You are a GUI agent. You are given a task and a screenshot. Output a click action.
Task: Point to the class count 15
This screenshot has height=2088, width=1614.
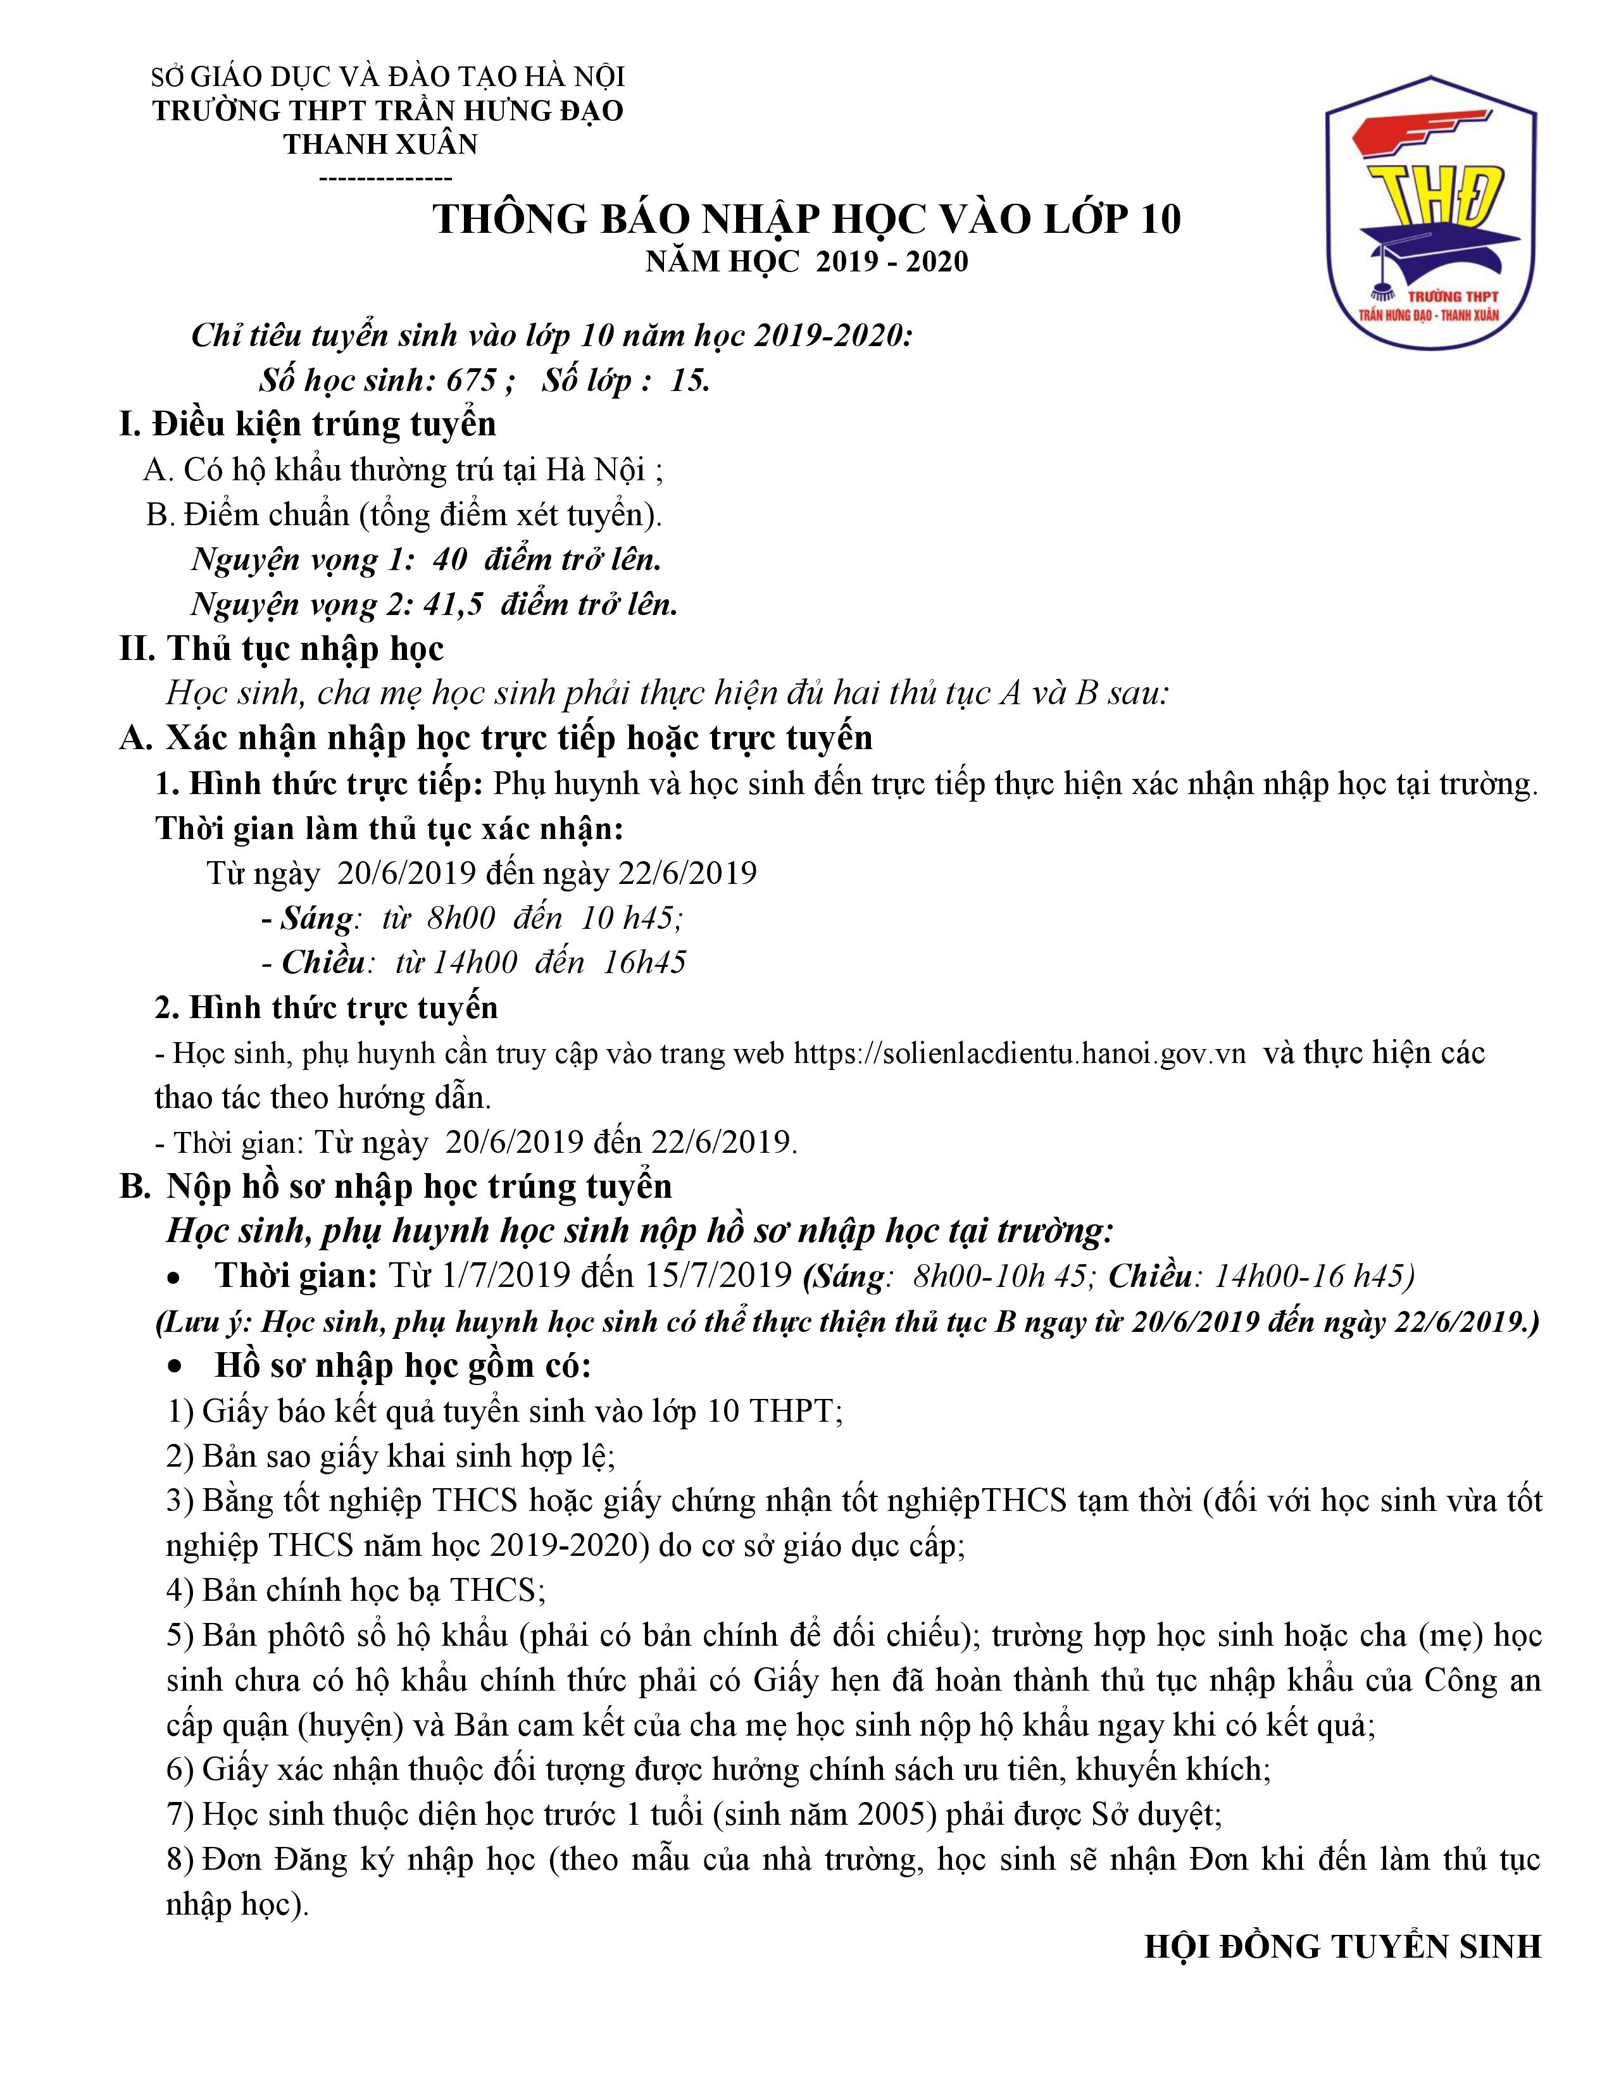(x=689, y=380)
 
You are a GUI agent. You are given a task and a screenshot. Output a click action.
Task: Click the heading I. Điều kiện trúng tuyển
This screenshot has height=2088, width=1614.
(x=308, y=423)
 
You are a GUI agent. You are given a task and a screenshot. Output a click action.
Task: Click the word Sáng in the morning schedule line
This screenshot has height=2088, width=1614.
(x=316, y=918)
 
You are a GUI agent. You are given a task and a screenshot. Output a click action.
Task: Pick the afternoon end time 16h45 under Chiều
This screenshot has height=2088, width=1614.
(x=644, y=962)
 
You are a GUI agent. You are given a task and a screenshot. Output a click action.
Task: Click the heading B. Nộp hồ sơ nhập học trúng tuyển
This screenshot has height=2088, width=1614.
(x=396, y=1186)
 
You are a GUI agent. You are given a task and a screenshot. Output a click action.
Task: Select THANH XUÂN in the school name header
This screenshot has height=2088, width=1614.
(x=380, y=144)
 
